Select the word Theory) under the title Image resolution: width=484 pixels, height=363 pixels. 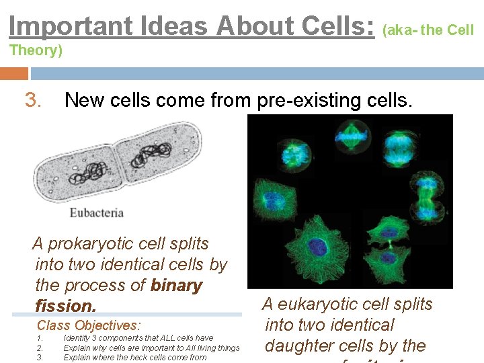tap(36, 50)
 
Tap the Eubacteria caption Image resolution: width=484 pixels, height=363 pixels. tap(97, 212)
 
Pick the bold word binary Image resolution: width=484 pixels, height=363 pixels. tap(176, 286)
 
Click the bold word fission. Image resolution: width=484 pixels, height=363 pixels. tap(65, 307)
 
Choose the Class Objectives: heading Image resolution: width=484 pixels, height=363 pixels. tap(89, 325)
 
